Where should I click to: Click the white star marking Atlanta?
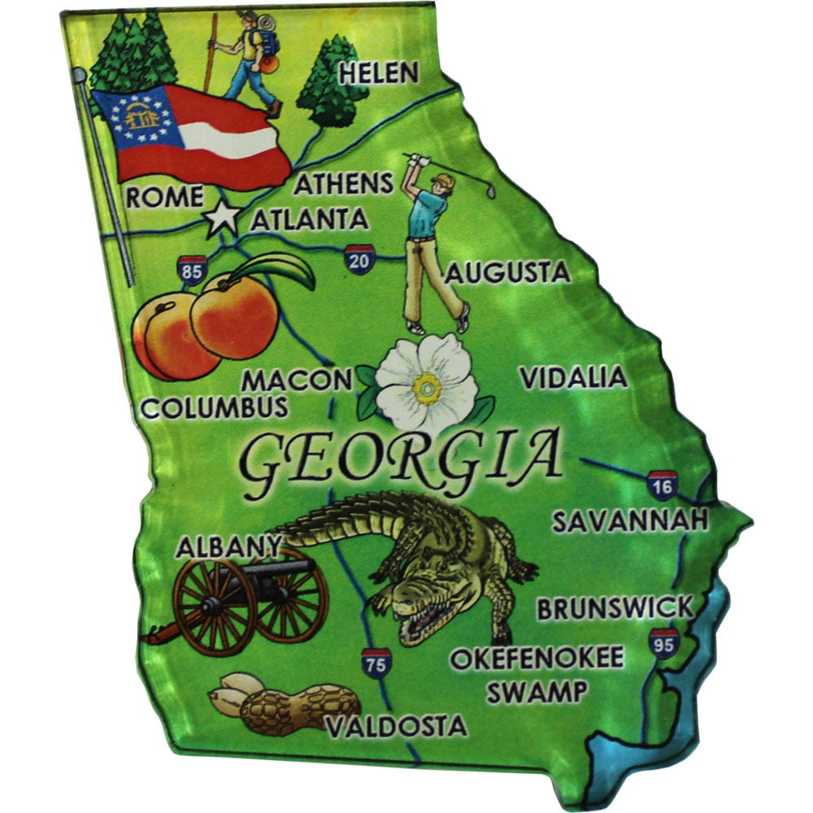[222, 218]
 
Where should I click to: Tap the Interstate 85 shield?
[192, 270]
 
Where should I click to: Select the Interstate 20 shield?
[359, 259]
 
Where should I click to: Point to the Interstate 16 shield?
[663, 485]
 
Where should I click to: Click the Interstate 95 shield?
[663, 642]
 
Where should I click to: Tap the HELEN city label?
[378, 74]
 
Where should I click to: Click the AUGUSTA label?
[506, 272]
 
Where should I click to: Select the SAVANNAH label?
[629, 520]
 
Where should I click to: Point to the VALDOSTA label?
[397, 726]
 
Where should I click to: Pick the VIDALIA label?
[573, 377]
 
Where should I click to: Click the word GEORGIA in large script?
[402, 459]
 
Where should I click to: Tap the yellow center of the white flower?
[426, 389]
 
